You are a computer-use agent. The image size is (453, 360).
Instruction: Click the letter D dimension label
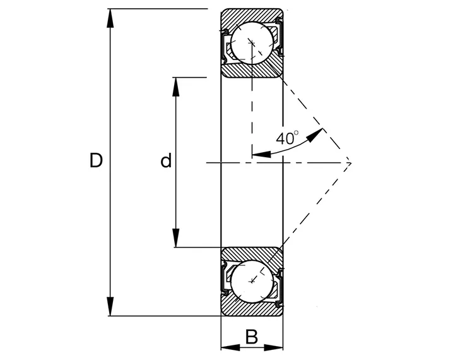(96, 161)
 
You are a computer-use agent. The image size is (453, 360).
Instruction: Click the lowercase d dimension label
(166, 162)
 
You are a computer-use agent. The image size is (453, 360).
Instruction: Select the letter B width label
(252, 337)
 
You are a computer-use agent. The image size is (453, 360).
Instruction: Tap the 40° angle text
(288, 138)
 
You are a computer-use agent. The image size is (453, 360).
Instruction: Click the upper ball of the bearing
(252, 42)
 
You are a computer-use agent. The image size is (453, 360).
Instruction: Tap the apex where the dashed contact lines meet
(351, 163)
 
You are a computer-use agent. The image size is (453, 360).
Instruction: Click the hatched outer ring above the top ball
(251, 14)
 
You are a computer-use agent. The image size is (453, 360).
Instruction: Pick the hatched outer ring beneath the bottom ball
(251, 310)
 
